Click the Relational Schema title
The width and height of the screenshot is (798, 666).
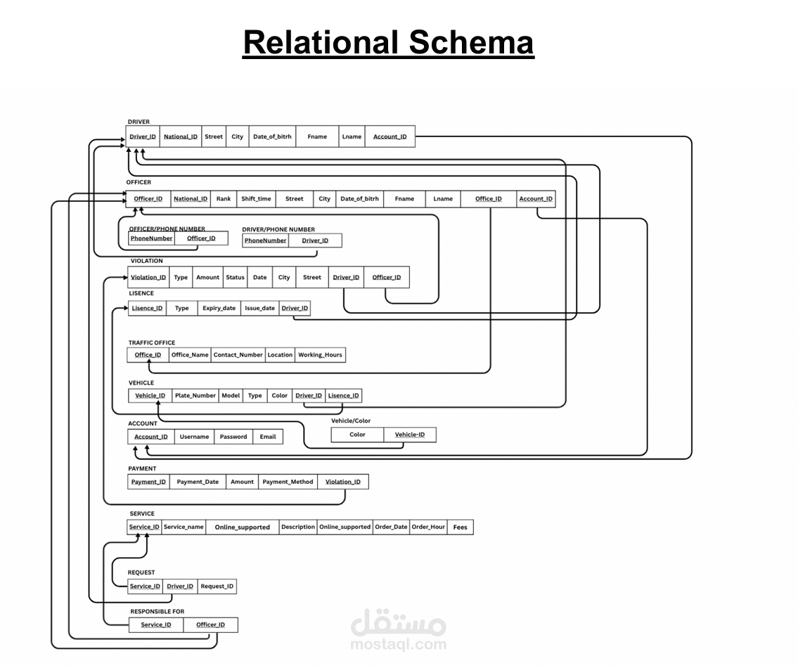point(388,43)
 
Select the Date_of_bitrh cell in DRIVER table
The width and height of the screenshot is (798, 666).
point(272,136)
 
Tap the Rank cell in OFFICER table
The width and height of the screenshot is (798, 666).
point(224,199)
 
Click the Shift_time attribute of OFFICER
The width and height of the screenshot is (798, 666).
point(256,199)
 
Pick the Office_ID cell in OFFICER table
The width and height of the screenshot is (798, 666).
point(489,199)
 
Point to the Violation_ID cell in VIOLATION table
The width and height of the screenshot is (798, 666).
point(148,277)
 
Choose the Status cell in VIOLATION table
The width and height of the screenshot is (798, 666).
point(235,277)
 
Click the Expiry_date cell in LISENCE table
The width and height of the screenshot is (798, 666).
point(219,308)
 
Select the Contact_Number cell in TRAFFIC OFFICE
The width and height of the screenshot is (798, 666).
point(238,355)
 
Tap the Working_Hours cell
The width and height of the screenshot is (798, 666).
point(320,355)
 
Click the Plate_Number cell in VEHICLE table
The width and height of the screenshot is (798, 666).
point(195,395)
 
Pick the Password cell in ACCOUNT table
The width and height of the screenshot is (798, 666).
point(233,437)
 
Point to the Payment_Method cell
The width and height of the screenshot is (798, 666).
point(288,482)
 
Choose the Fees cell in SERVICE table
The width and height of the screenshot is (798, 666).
point(460,527)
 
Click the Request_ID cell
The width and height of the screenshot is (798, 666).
point(217,587)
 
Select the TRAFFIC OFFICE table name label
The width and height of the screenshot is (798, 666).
point(152,343)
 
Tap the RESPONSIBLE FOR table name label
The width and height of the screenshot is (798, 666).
point(157,612)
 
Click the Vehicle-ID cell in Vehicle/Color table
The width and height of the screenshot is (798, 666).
point(410,435)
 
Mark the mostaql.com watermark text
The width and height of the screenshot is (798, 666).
point(399,644)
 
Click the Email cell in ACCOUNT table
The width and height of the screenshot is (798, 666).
point(268,437)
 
